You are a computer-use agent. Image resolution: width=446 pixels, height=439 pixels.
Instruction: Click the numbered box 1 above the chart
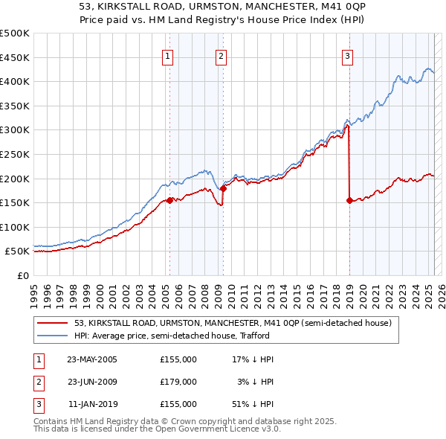pyautogui.click(x=168, y=56)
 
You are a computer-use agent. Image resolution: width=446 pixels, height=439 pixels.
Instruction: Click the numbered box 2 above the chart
pyautogui.click(x=222, y=56)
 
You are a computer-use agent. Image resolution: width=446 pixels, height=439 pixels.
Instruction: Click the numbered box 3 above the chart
pyautogui.click(x=347, y=56)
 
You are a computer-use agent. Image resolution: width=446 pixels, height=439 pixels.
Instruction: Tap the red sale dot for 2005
pyautogui.click(x=169, y=200)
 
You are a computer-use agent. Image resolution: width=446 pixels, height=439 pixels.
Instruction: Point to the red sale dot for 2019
pyautogui.click(x=349, y=200)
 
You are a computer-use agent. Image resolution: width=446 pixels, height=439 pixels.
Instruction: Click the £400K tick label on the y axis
pyautogui.click(x=15, y=81)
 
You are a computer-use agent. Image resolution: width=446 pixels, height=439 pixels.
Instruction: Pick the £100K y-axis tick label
pyautogui.click(x=15, y=227)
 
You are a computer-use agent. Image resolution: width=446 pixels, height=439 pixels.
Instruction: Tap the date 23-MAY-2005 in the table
pyautogui.click(x=92, y=359)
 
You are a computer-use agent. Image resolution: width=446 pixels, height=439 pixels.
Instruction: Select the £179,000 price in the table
pyautogui.click(x=178, y=382)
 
